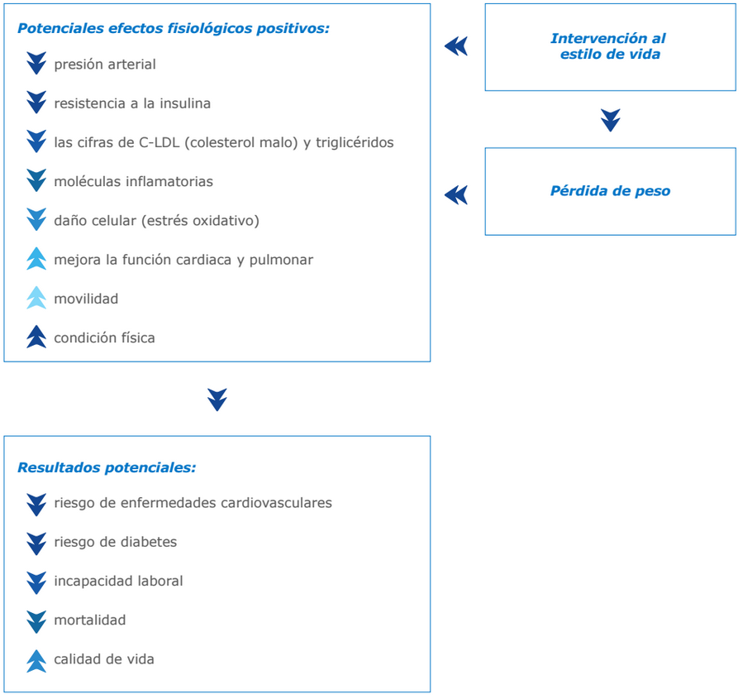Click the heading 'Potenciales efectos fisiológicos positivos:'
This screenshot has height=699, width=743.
point(174,28)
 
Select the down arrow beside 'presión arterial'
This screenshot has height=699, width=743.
point(36,64)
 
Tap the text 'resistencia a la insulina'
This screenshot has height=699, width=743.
point(132,103)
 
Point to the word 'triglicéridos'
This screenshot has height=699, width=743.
point(355,143)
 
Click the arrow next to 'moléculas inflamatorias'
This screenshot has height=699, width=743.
point(36,180)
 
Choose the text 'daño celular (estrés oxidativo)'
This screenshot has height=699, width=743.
point(157,221)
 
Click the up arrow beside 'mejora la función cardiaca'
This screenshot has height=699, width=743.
point(36,258)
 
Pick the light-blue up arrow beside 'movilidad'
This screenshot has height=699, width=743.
point(36,297)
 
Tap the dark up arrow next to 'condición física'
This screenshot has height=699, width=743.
point(36,337)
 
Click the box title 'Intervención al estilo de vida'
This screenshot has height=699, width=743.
point(610,46)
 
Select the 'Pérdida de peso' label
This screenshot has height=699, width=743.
point(610,191)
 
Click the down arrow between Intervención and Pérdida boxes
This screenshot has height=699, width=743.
point(610,121)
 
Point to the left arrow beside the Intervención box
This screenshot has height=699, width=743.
point(456,46)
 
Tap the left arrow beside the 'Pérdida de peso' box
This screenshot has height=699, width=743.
point(456,195)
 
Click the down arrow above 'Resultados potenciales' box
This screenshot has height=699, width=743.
point(217,400)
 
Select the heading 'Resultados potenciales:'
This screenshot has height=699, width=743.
point(107,467)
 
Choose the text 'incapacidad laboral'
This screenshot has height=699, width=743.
point(118,581)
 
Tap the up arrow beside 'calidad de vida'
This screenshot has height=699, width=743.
point(36,661)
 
